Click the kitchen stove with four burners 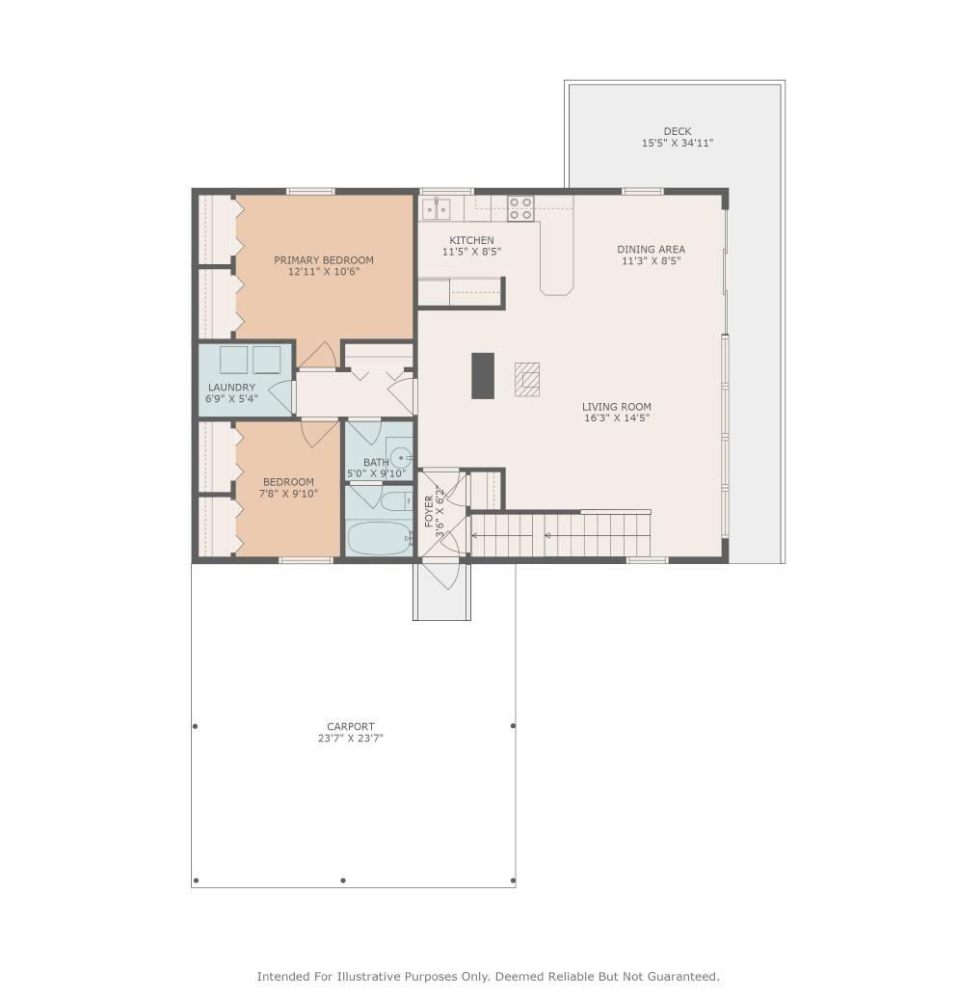[x=519, y=208]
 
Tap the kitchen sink [x=436, y=208]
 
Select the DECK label [x=677, y=132]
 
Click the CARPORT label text [x=350, y=726]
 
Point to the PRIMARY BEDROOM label [x=324, y=260]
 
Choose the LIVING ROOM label [x=617, y=406]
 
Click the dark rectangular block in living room [x=482, y=376]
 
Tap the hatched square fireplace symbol [x=527, y=380]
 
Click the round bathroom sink [x=400, y=457]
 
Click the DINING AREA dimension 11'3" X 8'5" [x=651, y=260]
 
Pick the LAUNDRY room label [x=231, y=388]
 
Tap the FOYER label [x=429, y=511]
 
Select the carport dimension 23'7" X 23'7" [x=350, y=739]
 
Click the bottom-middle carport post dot [x=343, y=880]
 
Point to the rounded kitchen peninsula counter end [x=557, y=286]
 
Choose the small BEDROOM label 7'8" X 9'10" [x=288, y=488]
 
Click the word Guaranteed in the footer [x=686, y=976]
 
